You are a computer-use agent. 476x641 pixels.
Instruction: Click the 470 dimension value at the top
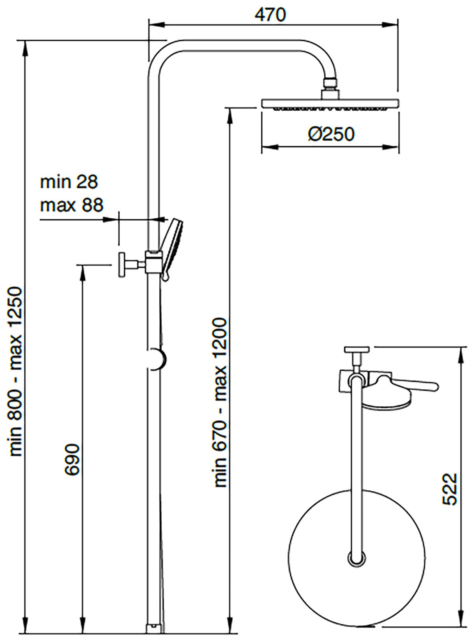[270, 14]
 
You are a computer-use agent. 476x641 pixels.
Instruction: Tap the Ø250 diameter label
[331, 134]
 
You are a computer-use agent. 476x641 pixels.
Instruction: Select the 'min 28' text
[69, 182]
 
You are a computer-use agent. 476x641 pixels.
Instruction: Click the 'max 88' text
[72, 205]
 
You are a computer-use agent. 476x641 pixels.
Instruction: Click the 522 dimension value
[450, 489]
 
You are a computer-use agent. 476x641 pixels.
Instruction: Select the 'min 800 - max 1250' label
[18, 371]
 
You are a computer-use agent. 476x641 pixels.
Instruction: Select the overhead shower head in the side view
[330, 104]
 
